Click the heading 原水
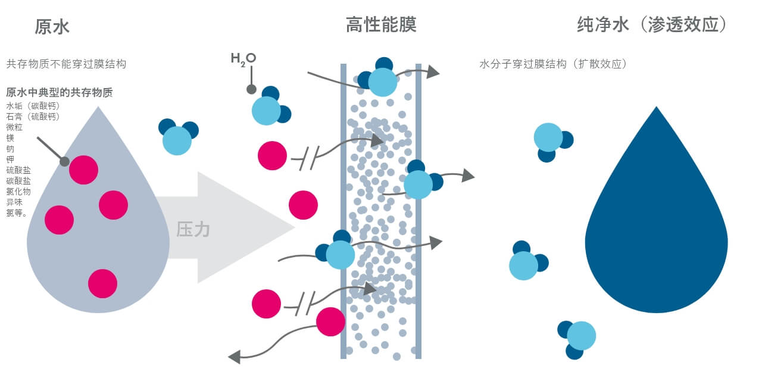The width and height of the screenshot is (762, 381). (x=52, y=27)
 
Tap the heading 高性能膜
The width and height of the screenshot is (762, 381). (x=380, y=25)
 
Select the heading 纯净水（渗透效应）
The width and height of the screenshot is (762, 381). (x=652, y=26)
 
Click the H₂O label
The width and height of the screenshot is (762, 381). (x=243, y=58)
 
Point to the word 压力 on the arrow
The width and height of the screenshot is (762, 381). (x=193, y=229)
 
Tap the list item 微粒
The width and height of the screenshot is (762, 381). (x=14, y=127)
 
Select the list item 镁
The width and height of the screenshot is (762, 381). (x=10, y=138)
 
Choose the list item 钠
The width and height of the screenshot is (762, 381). (x=10, y=148)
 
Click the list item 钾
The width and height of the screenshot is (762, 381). (x=10, y=159)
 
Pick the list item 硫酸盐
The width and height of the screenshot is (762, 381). (x=18, y=170)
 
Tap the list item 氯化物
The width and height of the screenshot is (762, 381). (x=18, y=191)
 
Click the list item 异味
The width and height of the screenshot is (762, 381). (x=14, y=202)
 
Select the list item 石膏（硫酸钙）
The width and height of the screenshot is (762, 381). (x=33, y=117)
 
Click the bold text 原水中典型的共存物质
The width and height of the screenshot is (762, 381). (x=60, y=92)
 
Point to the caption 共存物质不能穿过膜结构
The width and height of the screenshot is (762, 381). (x=66, y=64)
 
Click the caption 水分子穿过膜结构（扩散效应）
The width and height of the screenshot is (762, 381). (x=553, y=64)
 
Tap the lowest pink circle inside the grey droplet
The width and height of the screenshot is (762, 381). (x=103, y=283)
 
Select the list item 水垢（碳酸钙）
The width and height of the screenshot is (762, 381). (x=33, y=106)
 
